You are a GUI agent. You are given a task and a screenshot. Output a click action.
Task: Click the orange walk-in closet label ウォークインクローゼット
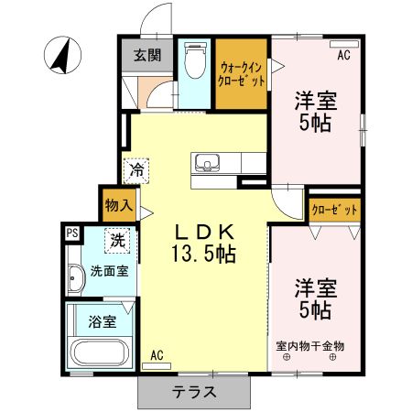tap(243, 72)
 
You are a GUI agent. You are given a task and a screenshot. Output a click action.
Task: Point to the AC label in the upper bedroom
tap(343, 56)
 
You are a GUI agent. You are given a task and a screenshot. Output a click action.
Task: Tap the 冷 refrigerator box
tap(136, 169)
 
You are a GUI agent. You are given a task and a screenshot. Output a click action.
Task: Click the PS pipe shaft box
tap(70, 233)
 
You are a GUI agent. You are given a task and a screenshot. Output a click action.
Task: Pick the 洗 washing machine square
tap(118, 241)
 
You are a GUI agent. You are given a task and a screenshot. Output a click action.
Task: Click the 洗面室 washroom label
tap(108, 271)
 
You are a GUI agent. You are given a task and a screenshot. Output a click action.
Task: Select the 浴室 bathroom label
tap(102, 321)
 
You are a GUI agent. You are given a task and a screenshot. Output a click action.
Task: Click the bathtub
tap(100, 354)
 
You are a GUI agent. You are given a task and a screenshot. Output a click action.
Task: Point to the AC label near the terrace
tap(157, 355)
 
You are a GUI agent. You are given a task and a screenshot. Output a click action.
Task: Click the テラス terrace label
tap(194, 392)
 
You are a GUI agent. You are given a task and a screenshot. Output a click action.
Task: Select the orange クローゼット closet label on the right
tap(333, 210)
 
